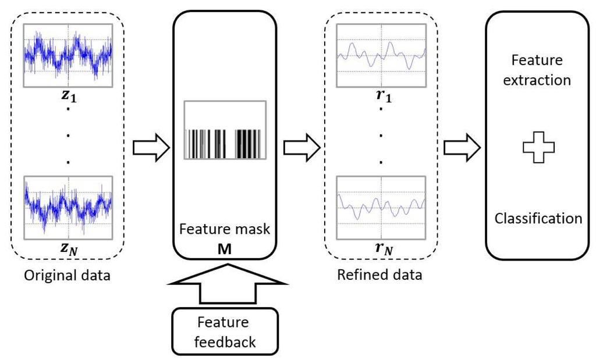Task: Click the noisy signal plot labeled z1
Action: [x=68, y=55]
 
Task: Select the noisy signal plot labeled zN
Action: [x=68, y=208]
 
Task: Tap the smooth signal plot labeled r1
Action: [x=382, y=55]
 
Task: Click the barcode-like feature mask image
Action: [x=225, y=130]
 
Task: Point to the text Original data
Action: [x=68, y=275]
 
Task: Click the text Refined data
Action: [x=380, y=275]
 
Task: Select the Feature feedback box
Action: [x=226, y=331]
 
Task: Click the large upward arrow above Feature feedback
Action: [x=227, y=284]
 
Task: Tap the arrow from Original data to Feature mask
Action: [x=151, y=148]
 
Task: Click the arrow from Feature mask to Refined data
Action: [x=301, y=148]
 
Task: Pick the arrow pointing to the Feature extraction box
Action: [x=462, y=148]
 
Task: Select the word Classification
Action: [x=538, y=219]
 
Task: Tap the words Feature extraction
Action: [x=538, y=70]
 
